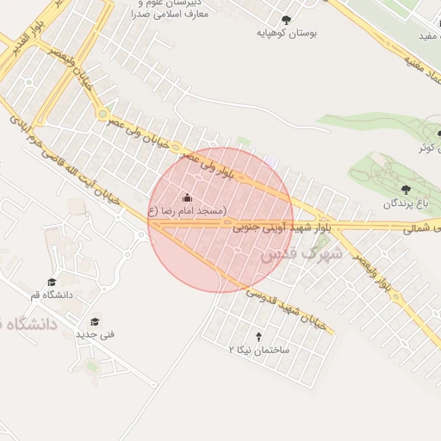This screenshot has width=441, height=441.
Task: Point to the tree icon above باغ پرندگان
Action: [x=406, y=189]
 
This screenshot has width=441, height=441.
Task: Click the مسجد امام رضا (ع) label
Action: [x=187, y=211]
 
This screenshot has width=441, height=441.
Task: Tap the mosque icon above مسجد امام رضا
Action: [x=187, y=198]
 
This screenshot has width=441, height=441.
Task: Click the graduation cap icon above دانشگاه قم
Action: [x=52, y=282]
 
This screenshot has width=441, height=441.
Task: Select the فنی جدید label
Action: [x=95, y=334]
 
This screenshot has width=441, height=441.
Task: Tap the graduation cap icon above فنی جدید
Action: [x=95, y=321]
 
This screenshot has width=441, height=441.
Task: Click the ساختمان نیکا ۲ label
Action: [x=259, y=350]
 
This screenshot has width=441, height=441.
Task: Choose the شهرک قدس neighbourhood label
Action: [x=299, y=256]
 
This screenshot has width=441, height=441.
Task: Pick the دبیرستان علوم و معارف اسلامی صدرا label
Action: [x=169, y=9]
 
